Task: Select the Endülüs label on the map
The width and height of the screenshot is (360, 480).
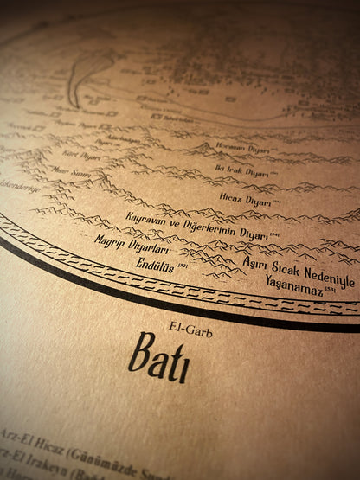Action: tap(151, 267)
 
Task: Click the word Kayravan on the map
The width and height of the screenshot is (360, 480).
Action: tap(151, 216)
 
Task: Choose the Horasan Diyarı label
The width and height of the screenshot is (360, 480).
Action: tap(235, 147)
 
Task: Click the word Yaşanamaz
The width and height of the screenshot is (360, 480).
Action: tap(293, 285)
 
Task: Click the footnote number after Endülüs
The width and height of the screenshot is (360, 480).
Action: tap(183, 265)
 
